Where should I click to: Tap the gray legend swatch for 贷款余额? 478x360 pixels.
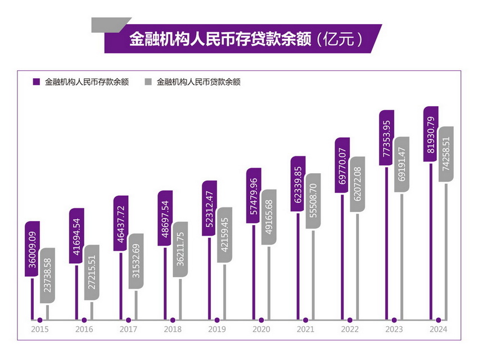point(148,82)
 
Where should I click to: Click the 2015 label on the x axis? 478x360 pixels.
point(40,330)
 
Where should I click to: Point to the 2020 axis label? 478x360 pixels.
point(261,330)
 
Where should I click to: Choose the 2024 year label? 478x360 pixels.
point(438,330)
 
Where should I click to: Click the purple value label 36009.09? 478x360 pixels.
point(33,248)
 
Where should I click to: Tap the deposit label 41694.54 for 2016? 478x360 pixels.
point(77,236)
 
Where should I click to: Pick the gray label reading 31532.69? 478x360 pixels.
point(136,261)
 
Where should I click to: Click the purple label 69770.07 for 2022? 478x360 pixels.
point(342,165)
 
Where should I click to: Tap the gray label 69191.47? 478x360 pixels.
point(402,164)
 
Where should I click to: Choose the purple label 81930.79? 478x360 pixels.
point(431,134)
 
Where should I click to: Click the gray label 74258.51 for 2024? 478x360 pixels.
point(446,154)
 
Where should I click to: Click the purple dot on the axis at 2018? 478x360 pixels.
point(173,321)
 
